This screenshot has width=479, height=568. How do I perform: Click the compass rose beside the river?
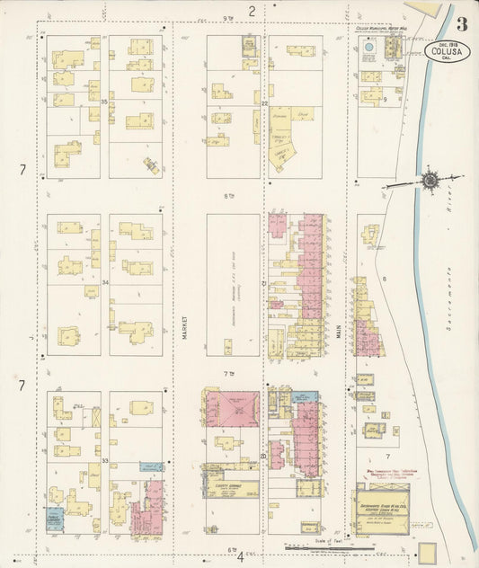tap(430, 181)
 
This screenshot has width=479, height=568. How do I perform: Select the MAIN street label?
tap(340, 332)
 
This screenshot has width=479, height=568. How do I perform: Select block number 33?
tap(105, 461)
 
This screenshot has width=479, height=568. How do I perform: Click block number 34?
tap(105, 282)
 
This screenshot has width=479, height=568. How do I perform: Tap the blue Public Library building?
tap(55, 519)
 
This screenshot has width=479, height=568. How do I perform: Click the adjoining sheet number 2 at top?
tap(253, 11)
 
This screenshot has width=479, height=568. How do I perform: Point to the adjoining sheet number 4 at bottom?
tap(240, 556)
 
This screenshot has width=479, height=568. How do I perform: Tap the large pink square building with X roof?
tap(232, 409)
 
